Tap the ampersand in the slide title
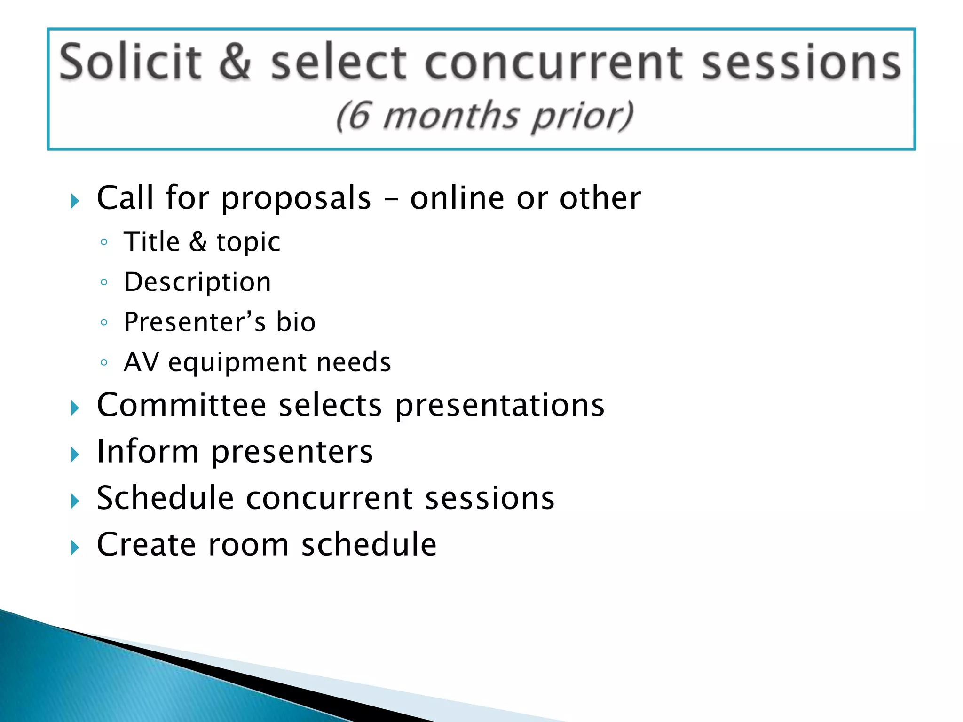[235, 62]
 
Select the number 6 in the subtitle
[359, 116]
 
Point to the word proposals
[296, 198]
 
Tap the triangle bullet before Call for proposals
[75, 201]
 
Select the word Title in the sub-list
[152, 242]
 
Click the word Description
[197, 283]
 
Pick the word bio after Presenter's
[296, 322]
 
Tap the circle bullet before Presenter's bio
[104, 322]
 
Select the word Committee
[182, 405]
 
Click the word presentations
[499, 406]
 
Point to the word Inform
[148, 451]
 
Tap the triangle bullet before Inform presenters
[75, 455]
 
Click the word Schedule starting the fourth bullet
[165, 498]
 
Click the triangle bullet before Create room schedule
[75, 548]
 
